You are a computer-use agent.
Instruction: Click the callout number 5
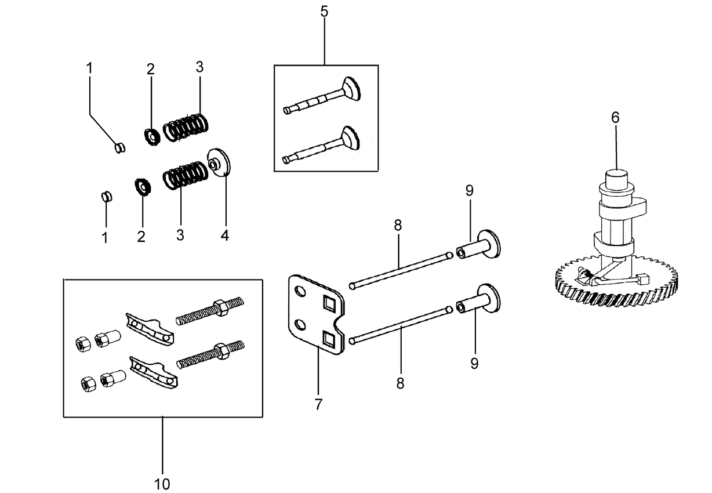pos(324,12)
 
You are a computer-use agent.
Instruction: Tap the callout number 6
pos(615,118)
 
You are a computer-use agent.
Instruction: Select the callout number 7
pos(318,404)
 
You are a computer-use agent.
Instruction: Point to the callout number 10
pos(162,484)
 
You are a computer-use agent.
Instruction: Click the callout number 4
pos(225,235)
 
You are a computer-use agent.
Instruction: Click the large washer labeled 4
pos(219,162)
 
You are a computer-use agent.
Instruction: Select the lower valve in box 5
pos(321,145)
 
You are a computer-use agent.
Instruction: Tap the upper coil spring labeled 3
pos(186,128)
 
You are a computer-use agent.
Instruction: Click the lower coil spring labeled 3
pos(186,175)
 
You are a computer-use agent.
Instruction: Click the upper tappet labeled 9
pos(478,244)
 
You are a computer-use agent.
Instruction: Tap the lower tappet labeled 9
pos(478,298)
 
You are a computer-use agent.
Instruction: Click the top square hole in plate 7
pos(329,303)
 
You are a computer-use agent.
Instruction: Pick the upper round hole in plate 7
pos(300,291)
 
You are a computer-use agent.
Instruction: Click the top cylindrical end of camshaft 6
pos(616,180)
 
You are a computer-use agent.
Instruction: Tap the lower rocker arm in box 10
pos(154,373)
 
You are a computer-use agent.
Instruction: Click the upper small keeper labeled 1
pos(119,147)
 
